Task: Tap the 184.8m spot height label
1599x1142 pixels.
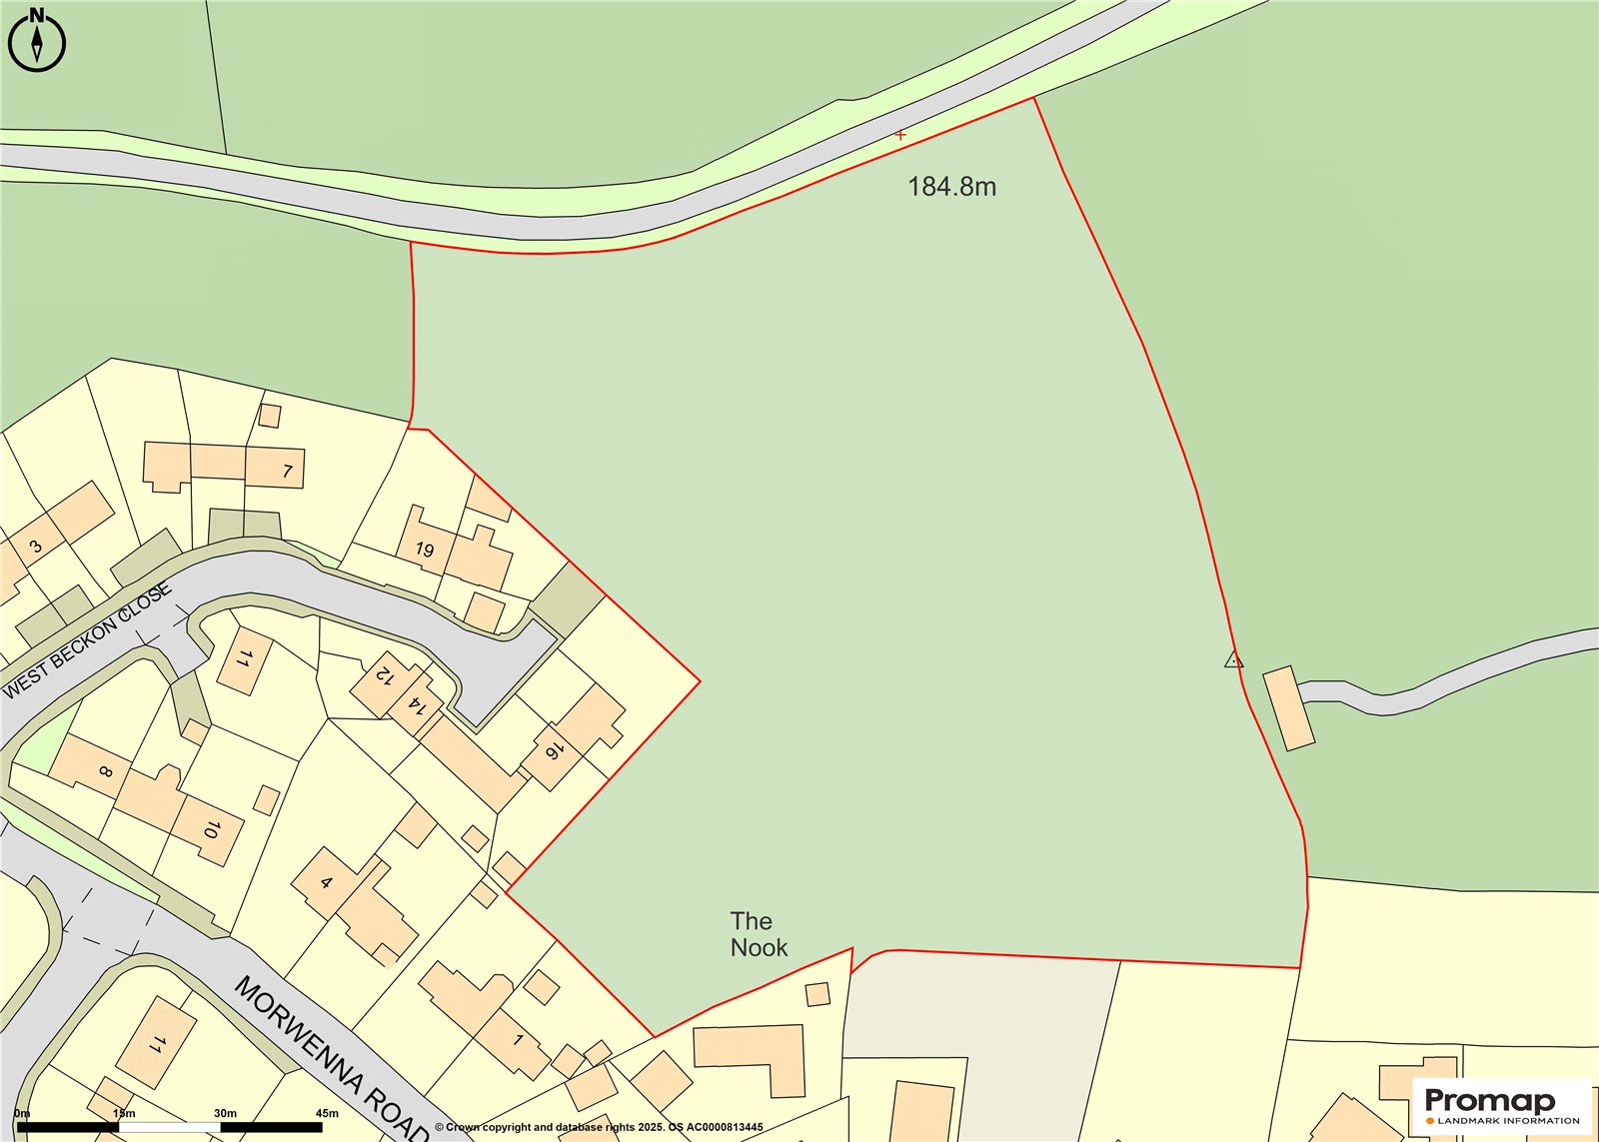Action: pyautogui.click(x=951, y=187)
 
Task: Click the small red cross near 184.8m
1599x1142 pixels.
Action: pyautogui.click(x=900, y=134)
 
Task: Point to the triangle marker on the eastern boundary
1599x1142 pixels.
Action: pyautogui.click(x=1234, y=659)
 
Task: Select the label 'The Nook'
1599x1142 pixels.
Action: pyautogui.click(x=758, y=934)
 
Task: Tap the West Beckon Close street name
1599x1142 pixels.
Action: pyautogui.click(x=88, y=640)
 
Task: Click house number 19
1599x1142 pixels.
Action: pyautogui.click(x=425, y=550)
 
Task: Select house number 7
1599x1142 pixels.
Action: pyautogui.click(x=288, y=471)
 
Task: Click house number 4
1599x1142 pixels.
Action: pyautogui.click(x=326, y=882)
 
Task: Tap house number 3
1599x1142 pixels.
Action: pyautogui.click(x=36, y=547)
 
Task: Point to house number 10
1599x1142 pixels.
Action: pyautogui.click(x=211, y=828)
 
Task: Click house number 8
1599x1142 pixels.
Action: pyautogui.click(x=106, y=771)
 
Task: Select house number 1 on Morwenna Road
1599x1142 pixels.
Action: pyautogui.click(x=518, y=1040)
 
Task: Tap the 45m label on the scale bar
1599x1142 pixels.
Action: pyautogui.click(x=327, y=1112)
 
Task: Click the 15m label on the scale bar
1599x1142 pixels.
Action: pyautogui.click(x=124, y=1112)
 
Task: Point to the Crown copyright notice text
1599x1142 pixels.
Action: pyautogui.click(x=599, y=1127)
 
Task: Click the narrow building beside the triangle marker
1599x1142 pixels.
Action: pyautogui.click(x=1289, y=708)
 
